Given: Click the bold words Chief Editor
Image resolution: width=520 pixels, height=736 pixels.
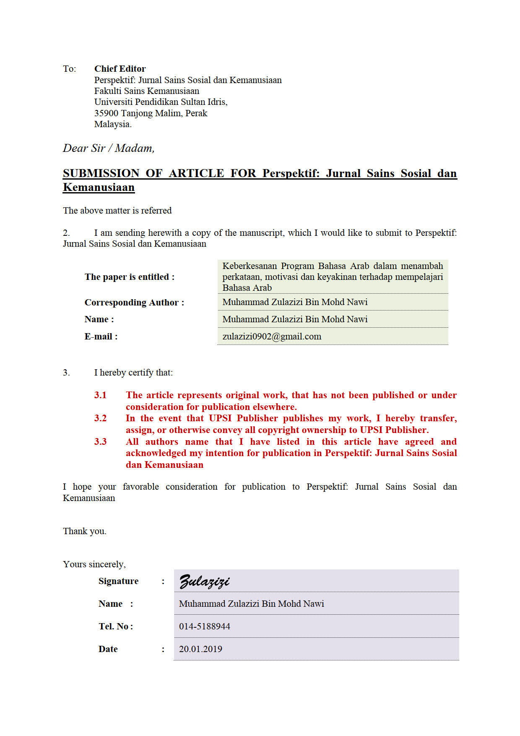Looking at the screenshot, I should (120, 69).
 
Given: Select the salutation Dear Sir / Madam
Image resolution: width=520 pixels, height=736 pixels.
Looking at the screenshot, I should (109, 148).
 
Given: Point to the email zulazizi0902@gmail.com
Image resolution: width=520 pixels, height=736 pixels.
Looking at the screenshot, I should (272, 337).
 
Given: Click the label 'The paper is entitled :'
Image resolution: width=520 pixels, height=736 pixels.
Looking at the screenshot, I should (129, 277).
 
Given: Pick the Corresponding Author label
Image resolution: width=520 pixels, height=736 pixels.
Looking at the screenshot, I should (134, 303).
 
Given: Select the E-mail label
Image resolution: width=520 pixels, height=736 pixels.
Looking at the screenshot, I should (101, 337).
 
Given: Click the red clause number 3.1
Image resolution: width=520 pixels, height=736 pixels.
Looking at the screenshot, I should (100, 395).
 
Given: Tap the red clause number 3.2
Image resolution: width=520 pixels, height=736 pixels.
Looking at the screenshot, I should (100, 418).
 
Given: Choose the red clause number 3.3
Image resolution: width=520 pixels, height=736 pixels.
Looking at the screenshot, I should (100, 442).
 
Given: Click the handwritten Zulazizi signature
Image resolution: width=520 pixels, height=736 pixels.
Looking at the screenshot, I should (204, 582).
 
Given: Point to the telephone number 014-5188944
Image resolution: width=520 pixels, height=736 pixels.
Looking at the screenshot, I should (204, 626).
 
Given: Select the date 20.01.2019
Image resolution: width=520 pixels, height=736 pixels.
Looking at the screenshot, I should (200, 649).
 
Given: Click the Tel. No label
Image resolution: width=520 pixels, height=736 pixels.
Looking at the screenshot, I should (116, 626).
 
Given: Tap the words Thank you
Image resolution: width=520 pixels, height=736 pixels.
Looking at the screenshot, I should (85, 531).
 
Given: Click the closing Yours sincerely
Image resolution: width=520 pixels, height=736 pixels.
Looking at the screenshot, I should (94, 564).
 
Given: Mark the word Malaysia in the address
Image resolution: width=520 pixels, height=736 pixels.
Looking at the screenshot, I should (112, 124).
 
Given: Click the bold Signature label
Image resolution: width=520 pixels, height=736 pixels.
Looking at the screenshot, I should (118, 581).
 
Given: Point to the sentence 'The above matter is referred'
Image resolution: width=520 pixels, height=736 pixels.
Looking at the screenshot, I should (117, 211).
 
